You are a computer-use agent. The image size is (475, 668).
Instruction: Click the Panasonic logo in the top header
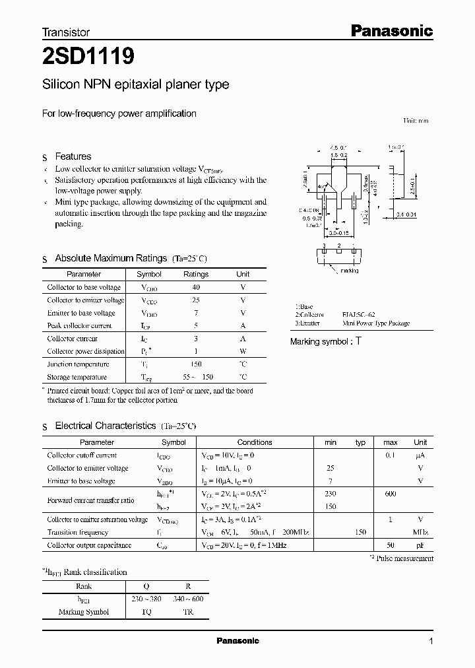pyautogui.click(x=391, y=30)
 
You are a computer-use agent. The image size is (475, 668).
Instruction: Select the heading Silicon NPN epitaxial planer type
pyautogui.click(x=135, y=84)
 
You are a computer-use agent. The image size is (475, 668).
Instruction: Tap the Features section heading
pyautogui.click(x=73, y=156)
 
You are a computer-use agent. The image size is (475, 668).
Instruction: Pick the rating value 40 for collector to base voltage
pyautogui.click(x=196, y=287)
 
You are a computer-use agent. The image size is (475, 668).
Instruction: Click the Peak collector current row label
pyautogui.click(x=80, y=325)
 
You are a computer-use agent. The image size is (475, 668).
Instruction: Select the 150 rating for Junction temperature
pyautogui.click(x=196, y=364)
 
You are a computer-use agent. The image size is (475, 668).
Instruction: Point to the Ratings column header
pyautogui.click(x=196, y=274)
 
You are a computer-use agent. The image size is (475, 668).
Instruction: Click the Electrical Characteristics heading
pyautogui.click(x=106, y=426)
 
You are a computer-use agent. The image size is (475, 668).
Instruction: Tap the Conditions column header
pyautogui.click(x=255, y=442)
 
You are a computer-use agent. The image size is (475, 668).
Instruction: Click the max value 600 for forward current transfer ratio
pyautogui.click(x=391, y=494)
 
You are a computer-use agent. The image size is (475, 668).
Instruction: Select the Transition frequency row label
pyautogui.click(x=79, y=532)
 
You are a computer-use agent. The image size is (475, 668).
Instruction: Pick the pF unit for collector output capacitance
pyautogui.click(x=420, y=545)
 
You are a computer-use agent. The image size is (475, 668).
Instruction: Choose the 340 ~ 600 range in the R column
pyautogui.click(x=189, y=599)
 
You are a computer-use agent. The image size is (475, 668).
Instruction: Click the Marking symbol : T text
pyautogui.click(x=326, y=341)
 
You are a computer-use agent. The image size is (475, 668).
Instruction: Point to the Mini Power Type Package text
pyautogui.click(x=375, y=323)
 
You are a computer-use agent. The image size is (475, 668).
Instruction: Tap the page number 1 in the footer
pyautogui.click(x=431, y=642)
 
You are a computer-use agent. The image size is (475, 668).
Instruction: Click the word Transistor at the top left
pyautogui.click(x=65, y=32)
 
